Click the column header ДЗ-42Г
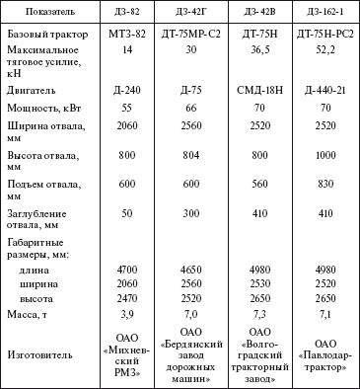(x=189, y=10)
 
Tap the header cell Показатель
(x=54, y=10)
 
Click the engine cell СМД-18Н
(x=259, y=90)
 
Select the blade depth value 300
(x=189, y=213)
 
